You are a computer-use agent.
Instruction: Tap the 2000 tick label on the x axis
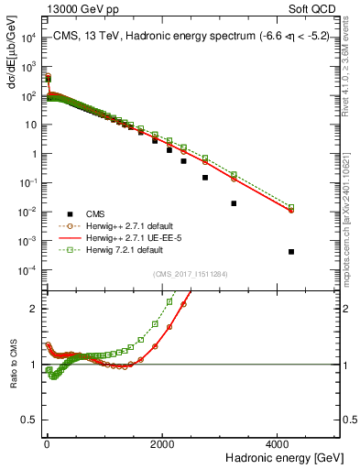tap(162, 442)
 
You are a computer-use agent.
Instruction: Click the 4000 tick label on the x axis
tap(278, 442)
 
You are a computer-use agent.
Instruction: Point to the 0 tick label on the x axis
tap(47, 442)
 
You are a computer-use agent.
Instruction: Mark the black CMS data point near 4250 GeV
tap(291, 252)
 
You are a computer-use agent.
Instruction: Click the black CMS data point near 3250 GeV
tap(234, 203)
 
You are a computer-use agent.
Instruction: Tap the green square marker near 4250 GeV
tap(291, 207)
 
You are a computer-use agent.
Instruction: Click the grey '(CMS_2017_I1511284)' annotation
tap(190, 274)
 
